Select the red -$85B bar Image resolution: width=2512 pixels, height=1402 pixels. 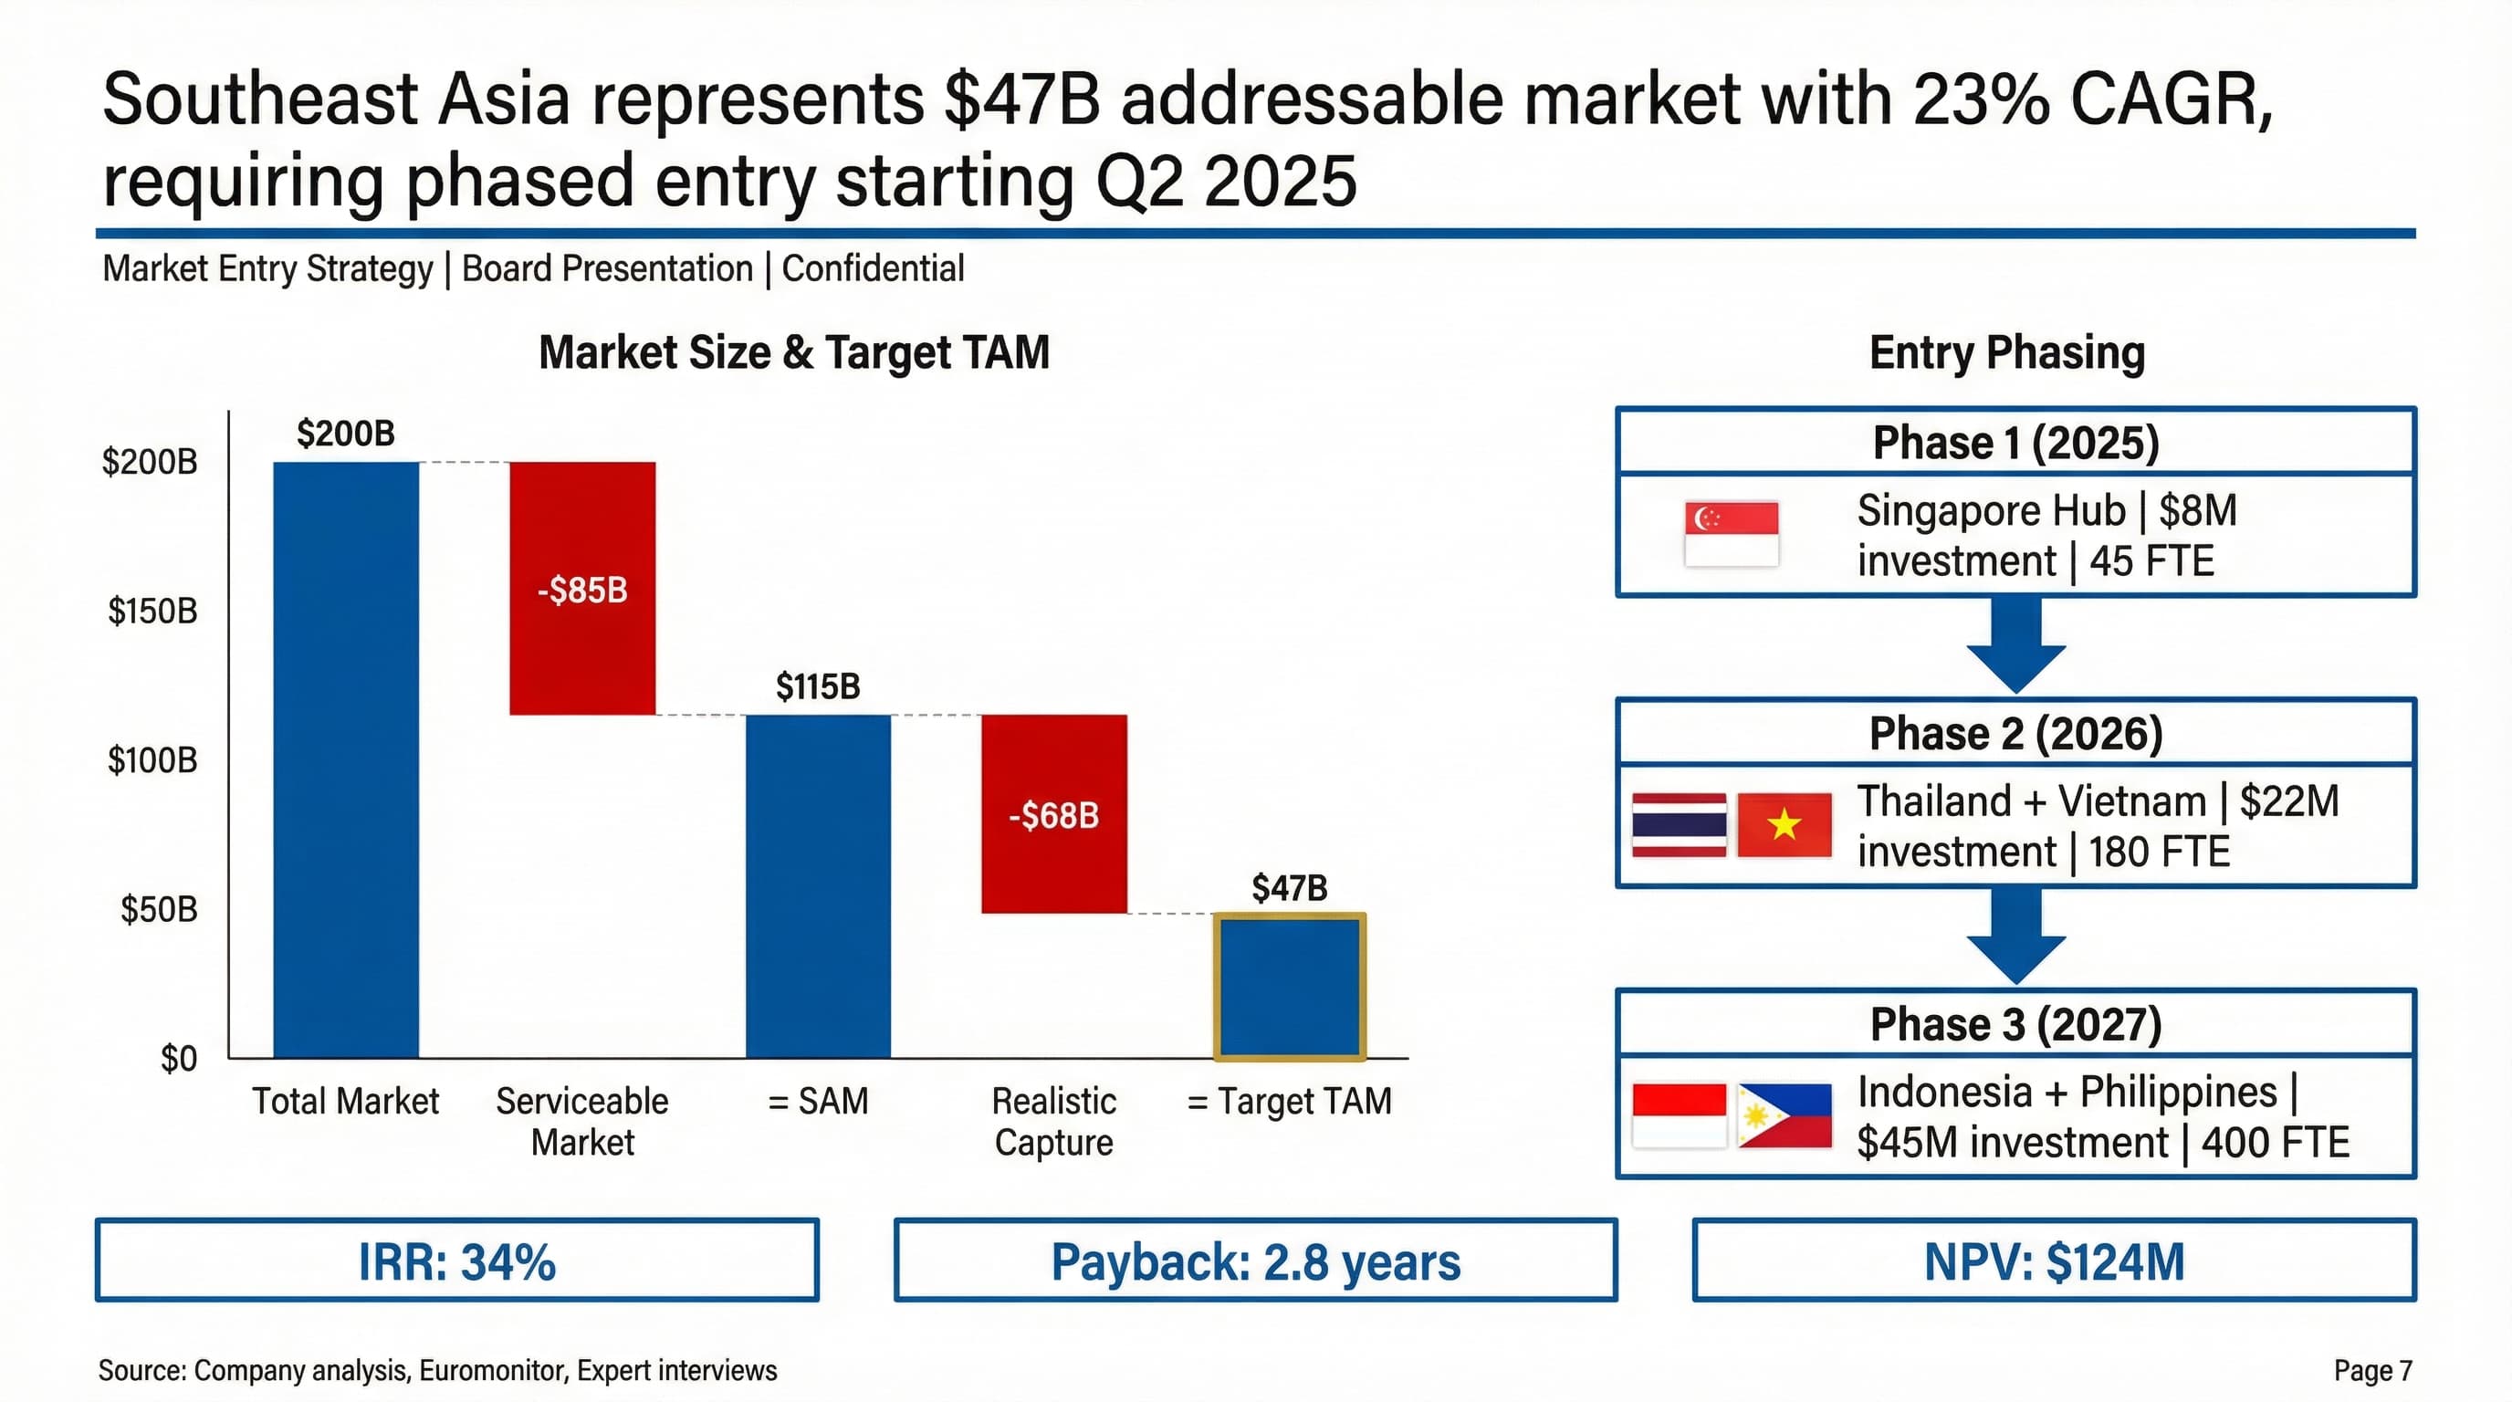(582, 588)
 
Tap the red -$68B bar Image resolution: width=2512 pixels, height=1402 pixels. (1053, 814)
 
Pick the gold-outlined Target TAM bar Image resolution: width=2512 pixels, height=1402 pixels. (1289, 987)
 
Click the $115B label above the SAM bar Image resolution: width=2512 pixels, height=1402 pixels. (817, 686)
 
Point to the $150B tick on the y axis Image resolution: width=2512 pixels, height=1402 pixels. (152, 612)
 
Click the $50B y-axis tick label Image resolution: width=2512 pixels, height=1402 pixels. (158, 910)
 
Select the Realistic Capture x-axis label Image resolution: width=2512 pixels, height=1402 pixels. (1053, 1121)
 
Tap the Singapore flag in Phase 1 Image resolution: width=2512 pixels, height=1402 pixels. (1731, 533)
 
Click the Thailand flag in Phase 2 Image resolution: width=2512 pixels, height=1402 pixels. (1680, 825)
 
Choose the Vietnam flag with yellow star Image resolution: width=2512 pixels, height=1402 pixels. (1784, 825)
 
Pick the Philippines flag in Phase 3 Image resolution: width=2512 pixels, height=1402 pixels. (1784, 1115)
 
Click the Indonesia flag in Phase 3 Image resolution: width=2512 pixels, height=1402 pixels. (1680, 1115)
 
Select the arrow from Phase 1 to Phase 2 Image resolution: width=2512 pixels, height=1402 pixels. (2015, 643)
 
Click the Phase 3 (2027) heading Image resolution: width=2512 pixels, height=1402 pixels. (2015, 1024)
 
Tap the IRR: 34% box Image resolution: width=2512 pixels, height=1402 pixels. (456, 1261)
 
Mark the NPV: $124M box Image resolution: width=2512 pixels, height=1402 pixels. (2054, 1261)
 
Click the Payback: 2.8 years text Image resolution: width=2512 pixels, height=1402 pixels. (1255, 1261)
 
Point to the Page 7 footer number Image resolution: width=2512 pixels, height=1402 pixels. (2372, 1370)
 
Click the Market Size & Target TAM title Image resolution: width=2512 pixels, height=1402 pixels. (794, 352)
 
